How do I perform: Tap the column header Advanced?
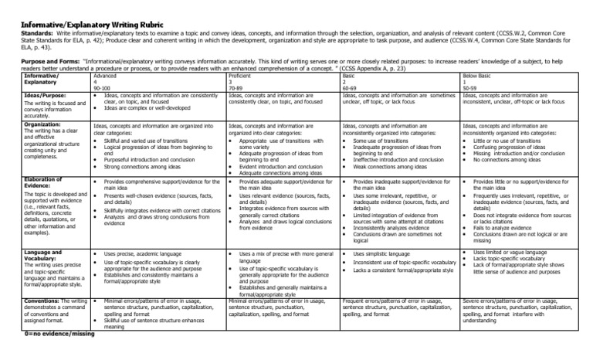click(x=105, y=75)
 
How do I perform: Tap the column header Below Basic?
click(x=478, y=75)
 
